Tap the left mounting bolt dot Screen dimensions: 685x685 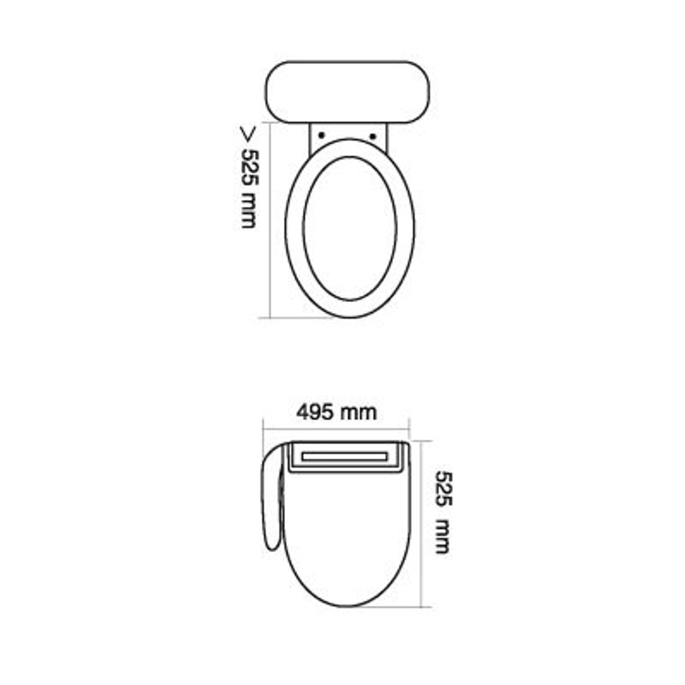[321, 135]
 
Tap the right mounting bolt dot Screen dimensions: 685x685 [373, 136]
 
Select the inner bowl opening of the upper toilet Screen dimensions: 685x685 [350, 228]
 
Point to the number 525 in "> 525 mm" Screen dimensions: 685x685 [249, 167]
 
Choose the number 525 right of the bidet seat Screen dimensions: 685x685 [443, 489]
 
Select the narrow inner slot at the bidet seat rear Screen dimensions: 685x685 [344, 456]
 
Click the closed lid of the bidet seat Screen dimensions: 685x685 [347, 534]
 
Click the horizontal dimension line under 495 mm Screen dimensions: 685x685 [336, 428]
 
